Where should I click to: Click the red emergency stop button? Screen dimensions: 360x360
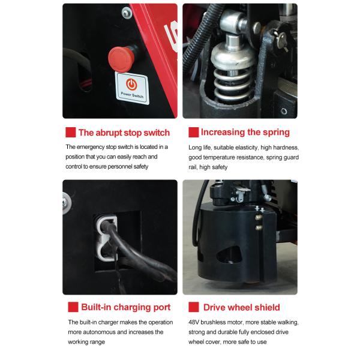click(x=121, y=59)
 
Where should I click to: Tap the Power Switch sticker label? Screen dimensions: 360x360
click(x=132, y=88)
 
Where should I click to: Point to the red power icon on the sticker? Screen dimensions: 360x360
click(x=131, y=84)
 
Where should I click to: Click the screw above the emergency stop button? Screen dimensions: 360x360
click(x=126, y=13)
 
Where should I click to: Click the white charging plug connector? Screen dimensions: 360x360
click(x=107, y=238)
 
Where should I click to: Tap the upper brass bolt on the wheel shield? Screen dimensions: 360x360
click(x=259, y=217)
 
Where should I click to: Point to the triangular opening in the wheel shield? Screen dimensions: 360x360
click(x=229, y=254)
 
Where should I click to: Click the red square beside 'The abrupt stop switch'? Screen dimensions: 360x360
click(x=70, y=132)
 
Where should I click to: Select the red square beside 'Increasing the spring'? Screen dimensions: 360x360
click(x=194, y=132)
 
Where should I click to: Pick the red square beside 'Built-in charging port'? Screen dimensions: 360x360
click(x=73, y=307)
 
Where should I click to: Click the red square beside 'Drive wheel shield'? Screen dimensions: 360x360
click(x=194, y=307)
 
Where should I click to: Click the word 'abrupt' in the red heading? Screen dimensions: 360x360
click(x=109, y=133)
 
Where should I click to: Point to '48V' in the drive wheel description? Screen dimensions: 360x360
click(x=194, y=322)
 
